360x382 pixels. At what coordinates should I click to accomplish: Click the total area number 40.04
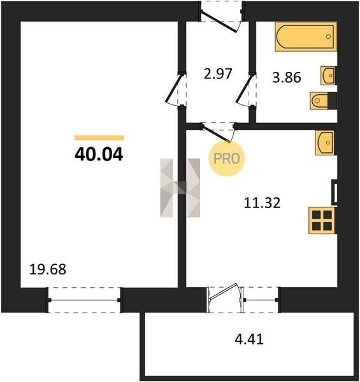[x=99, y=155]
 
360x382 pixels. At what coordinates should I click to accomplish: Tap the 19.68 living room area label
[x=48, y=269]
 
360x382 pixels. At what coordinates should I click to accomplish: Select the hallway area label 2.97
[x=218, y=74]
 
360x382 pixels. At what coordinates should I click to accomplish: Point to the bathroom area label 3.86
[x=286, y=78]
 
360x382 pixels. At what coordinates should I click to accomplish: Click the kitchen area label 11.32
[x=262, y=203]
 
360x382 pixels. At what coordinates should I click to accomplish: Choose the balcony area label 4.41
[x=249, y=339]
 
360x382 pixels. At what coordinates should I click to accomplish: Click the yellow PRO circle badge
[x=226, y=159]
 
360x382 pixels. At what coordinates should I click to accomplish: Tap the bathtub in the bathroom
[x=306, y=36]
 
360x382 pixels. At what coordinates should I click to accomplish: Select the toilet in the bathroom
[x=324, y=101]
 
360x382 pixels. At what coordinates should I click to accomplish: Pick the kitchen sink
[x=326, y=143]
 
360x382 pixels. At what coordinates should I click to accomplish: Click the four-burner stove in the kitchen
[x=322, y=220]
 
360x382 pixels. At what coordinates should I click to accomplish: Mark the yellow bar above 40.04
[x=99, y=138]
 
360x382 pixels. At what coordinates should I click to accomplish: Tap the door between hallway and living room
[x=175, y=88]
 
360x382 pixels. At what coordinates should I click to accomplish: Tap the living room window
[x=84, y=300]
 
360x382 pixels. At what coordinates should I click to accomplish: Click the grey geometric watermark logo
[x=180, y=188]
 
